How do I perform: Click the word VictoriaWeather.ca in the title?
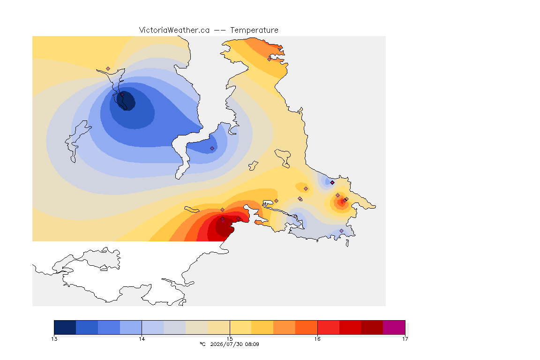174,30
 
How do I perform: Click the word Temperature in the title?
254,30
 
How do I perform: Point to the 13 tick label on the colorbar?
54,339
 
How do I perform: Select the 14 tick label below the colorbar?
142,339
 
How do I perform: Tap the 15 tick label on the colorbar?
230,339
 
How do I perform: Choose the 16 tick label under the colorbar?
317,339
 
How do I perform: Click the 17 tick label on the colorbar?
405,339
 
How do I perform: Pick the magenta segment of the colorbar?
394,327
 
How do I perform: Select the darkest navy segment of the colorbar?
65,327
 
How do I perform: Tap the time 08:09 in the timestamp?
252,344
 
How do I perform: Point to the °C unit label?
203,344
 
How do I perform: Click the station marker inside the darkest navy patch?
122,94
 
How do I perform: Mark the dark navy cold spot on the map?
126,100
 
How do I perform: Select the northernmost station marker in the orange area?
270,59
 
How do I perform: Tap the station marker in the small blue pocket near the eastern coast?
332,183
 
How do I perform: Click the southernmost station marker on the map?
342,231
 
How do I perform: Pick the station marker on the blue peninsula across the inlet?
212,149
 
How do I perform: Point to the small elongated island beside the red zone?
192,210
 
